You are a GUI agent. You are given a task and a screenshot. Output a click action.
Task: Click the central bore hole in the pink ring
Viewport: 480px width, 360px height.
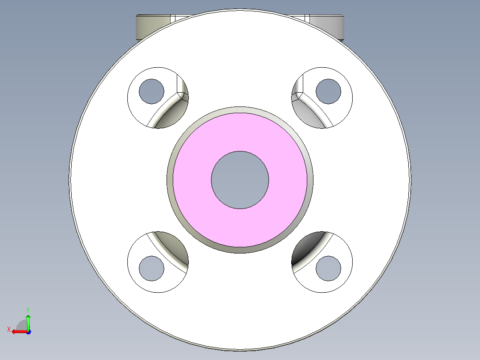[240, 180]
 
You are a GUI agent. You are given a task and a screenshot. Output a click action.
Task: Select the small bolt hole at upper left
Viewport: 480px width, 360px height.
[152, 91]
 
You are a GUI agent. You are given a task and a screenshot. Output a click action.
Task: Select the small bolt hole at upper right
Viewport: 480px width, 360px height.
[328, 91]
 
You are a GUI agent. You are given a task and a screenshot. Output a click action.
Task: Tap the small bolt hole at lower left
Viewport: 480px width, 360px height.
[152, 268]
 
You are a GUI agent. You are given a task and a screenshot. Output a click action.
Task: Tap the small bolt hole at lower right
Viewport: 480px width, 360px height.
[328, 268]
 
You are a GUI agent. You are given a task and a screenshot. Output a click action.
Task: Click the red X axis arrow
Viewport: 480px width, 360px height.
[18, 331]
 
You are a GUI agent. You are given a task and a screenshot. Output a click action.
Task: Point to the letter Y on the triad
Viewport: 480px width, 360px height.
[28, 309]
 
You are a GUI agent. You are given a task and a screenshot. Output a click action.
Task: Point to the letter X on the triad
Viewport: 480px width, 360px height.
[8, 329]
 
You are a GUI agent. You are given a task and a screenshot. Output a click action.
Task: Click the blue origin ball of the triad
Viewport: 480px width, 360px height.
[28, 331]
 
